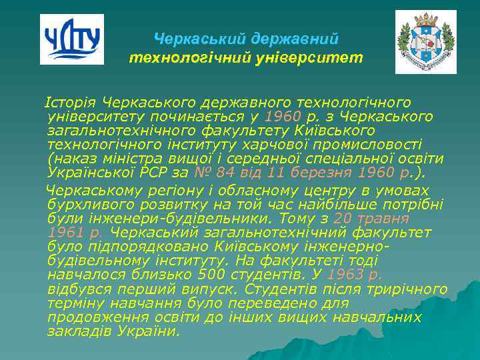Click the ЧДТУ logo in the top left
71,39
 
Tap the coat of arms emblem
425,41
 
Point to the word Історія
71,103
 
